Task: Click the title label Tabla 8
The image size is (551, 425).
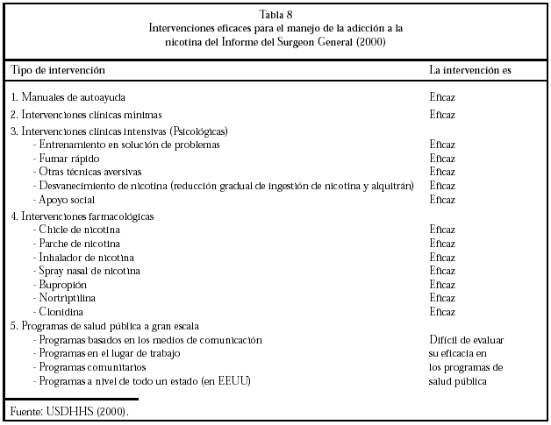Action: click(x=275, y=15)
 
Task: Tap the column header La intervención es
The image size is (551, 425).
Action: click(x=469, y=68)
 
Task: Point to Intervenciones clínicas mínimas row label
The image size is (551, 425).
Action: click(x=80, y=115)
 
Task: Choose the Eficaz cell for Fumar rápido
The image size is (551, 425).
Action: click(x=442, y=159)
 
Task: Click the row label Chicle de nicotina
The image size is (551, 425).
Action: click(x=80, y=230)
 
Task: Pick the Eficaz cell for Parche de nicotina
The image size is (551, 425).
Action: click(x=442, y=244)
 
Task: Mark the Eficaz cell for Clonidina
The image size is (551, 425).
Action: click(x=442, y=312)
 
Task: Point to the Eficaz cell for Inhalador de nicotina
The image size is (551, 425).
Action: click(x=442, y=258)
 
